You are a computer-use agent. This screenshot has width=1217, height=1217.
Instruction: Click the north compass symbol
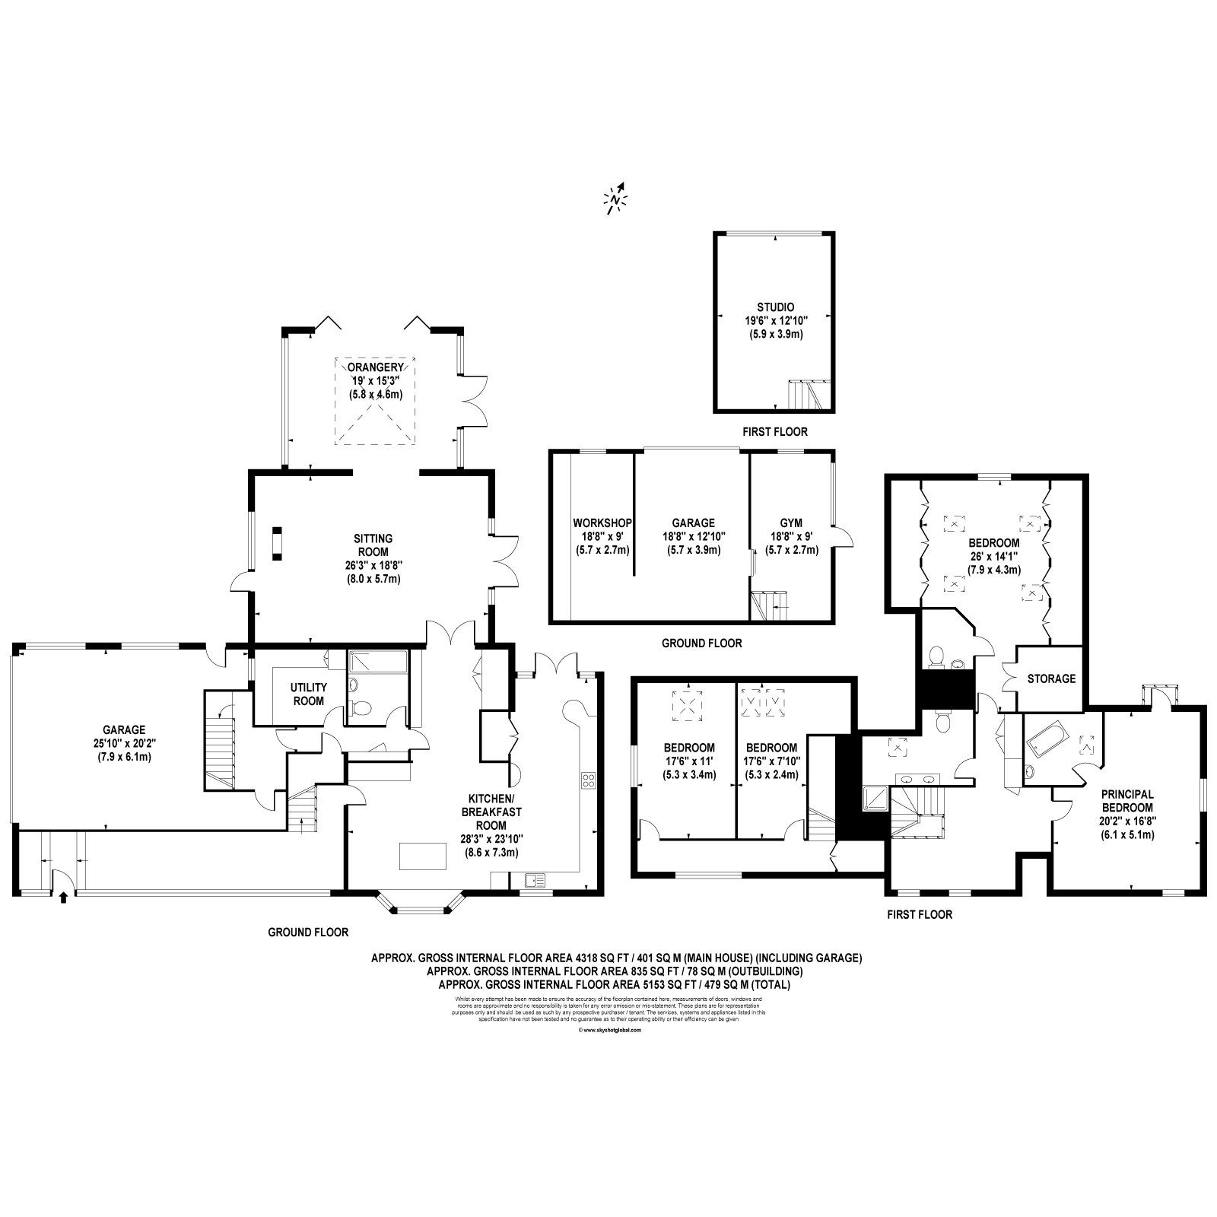[x=616, y=199]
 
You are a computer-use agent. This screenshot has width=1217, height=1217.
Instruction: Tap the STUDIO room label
[x=774, y=307]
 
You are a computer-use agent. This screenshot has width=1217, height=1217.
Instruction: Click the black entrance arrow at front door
[x=63, y=898]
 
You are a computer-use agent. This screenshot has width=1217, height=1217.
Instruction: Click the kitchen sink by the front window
[x=535, y=881]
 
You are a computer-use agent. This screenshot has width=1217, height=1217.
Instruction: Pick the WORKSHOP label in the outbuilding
[x=602, y=523]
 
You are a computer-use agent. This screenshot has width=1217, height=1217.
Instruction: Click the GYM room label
[x=791, y=523]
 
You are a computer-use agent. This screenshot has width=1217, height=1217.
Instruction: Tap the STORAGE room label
[x=1051, y=678]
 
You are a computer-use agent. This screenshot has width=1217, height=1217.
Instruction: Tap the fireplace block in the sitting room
[x=278, y=543]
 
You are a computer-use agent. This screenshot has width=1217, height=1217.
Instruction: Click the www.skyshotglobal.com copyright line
[x=609, y=1031]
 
